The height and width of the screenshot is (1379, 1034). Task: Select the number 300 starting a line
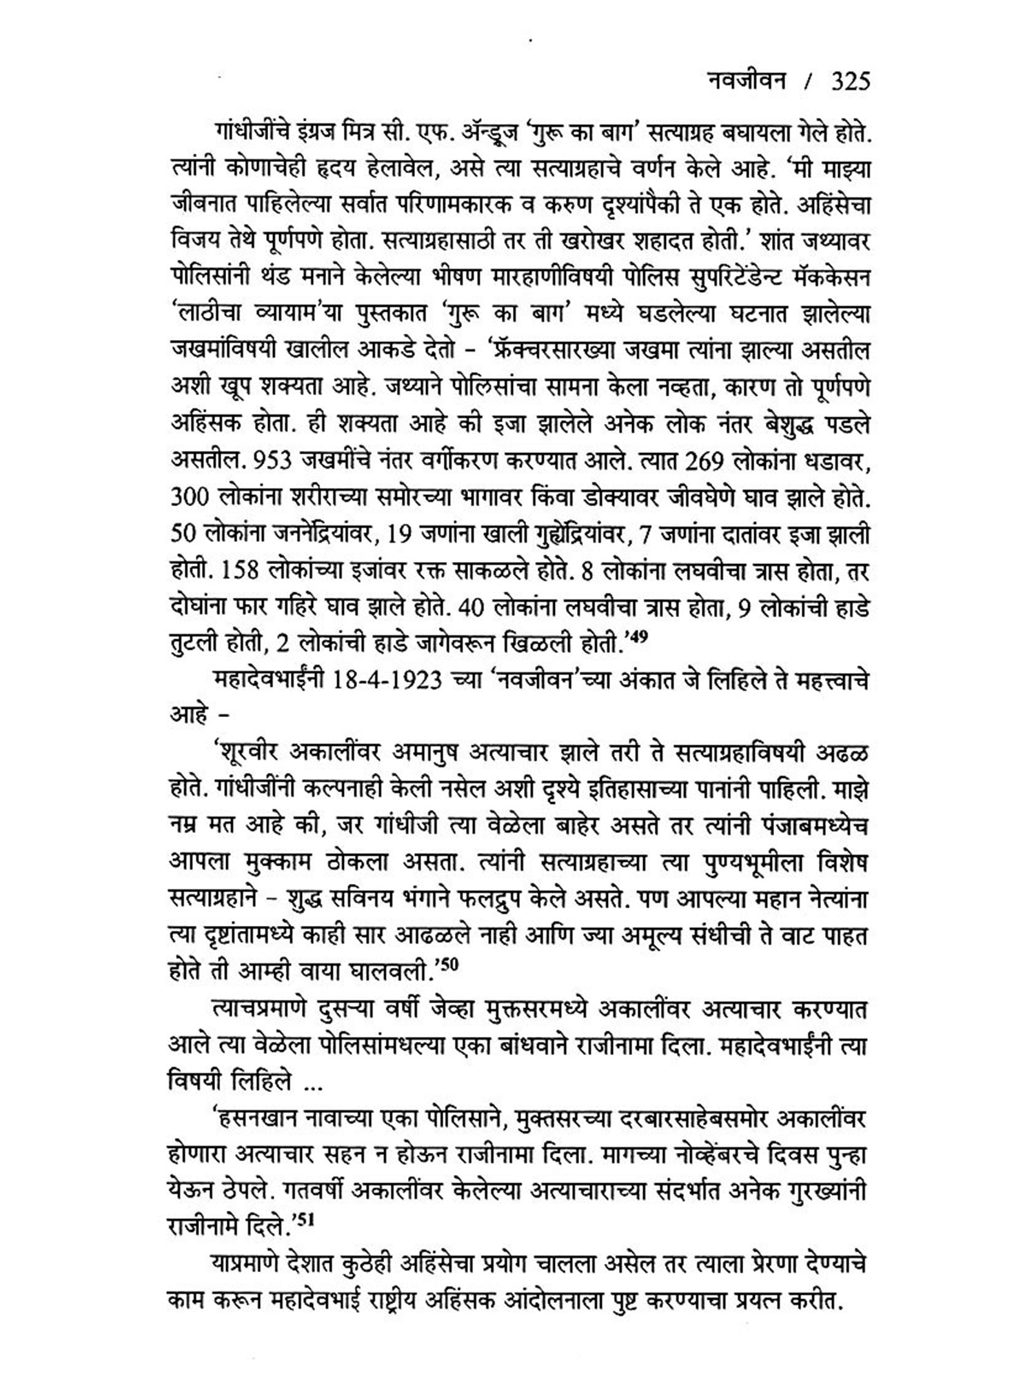(x=190, y=496)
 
